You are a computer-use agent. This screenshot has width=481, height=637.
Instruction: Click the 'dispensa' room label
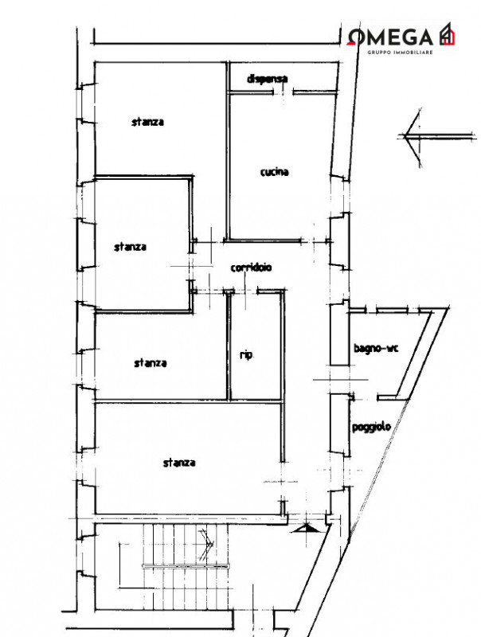(x=268, y=78)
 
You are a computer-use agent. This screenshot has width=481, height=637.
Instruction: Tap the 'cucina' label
(x=275, y=172)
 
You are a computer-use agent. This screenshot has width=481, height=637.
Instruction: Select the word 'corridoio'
(x=251, y=268)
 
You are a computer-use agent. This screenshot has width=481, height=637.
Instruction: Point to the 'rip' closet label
(x=246, y=355)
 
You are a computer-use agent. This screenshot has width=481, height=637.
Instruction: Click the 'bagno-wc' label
(x=376, y=348)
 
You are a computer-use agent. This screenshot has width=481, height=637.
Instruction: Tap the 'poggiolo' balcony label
(x=371, y=427)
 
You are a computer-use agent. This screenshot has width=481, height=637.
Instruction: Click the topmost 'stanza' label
(x=148, y=122)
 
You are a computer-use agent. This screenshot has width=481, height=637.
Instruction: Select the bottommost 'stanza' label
(x=179, y=463)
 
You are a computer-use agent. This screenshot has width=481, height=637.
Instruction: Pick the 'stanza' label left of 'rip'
(x=151, y=363)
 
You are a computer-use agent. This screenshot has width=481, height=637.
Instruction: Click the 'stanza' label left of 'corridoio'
(x=130, y=247)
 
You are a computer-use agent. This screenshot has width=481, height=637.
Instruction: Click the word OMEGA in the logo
(x=390, y=37)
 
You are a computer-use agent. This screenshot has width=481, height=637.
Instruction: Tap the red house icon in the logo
(x=447, y=33)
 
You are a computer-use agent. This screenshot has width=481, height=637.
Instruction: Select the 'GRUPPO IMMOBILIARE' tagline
(x=400, y=53)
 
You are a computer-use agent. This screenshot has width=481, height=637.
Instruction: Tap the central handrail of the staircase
(x=186, y=565)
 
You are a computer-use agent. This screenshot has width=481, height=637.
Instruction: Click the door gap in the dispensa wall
(x=284, y=92)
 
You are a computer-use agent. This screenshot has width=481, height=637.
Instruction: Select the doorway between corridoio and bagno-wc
(x=339, y=380)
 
